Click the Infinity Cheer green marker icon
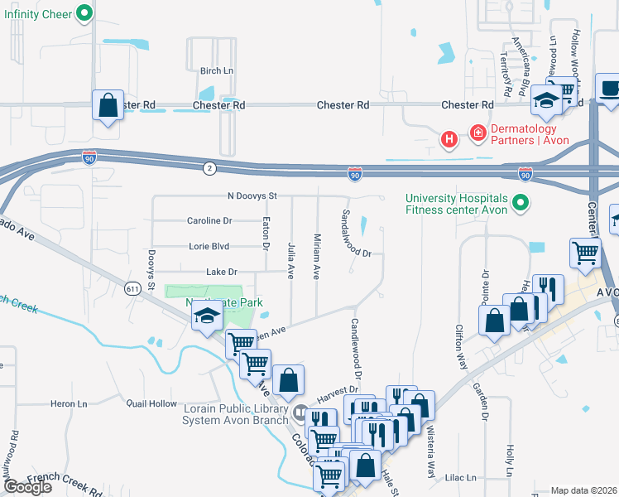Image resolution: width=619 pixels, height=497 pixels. [84, 12]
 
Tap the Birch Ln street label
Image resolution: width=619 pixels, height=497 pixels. [216, 71]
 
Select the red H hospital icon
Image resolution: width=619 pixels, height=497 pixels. [449, 139]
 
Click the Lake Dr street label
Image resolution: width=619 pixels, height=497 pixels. [221, 272]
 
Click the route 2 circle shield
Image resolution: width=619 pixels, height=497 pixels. [210, 168]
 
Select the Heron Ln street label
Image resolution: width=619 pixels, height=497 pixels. [69, 403]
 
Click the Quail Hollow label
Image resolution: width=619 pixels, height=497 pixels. [151, 403]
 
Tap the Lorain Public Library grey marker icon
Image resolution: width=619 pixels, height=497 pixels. [300, 412]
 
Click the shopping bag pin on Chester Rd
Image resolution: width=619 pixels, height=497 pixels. [108, 105]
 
